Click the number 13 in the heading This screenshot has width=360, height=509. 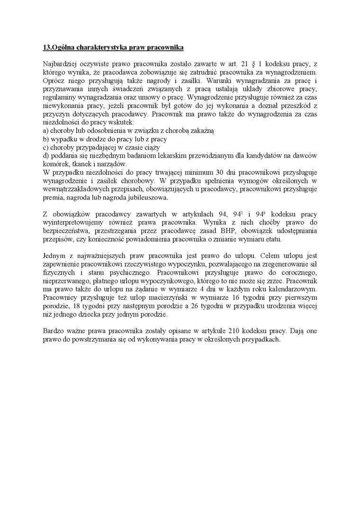(46, 48)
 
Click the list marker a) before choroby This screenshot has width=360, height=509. (45, 130)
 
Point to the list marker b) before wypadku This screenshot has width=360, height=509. (45, 139)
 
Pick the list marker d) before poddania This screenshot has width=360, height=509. (45, 156)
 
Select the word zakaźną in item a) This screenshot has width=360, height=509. (202, 130)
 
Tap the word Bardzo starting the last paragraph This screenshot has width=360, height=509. (53, 331)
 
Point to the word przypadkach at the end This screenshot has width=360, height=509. (261, 339)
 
